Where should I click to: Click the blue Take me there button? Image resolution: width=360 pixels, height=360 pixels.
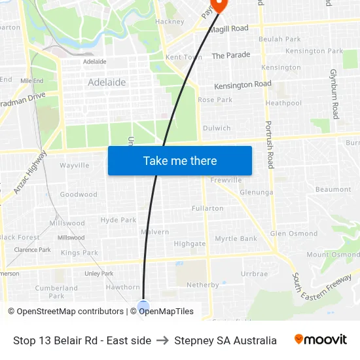(x=180, y=161)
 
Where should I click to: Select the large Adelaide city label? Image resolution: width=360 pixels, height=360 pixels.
(x=107, y=83)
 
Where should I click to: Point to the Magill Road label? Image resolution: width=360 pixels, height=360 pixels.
(x=228, y=29)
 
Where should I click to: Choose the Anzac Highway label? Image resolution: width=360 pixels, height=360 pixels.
(x=30, y=172)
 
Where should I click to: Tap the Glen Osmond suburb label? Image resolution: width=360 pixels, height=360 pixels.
(x=294, y=234)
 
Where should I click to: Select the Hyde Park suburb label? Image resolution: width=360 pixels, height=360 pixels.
(x=118, y=221)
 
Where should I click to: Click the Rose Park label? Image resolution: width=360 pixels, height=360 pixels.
(x=215, y=100)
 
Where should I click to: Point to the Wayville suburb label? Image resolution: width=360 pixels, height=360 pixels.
(x=75, y=166)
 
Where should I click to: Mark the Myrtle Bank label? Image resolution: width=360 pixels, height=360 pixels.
(x=236, y=239)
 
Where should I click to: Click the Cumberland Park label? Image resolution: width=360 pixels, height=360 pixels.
(x=56, y=292)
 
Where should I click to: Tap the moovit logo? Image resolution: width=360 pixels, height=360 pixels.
(x=321, y=340)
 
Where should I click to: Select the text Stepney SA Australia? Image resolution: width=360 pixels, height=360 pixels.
(x=225, y=340)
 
